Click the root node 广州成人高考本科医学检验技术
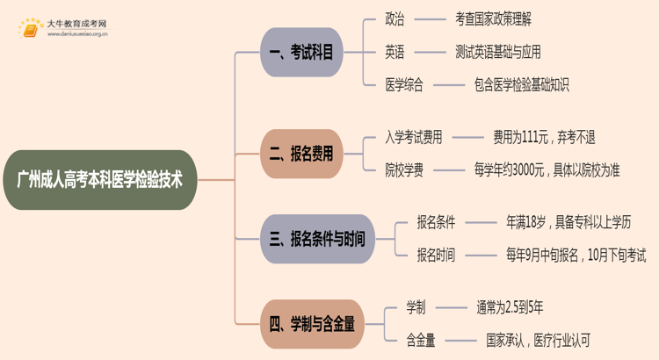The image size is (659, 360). click(x=100, y=180)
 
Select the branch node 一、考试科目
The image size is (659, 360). click(x=301, y=52)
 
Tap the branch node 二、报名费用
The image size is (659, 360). click(x=301, y=154)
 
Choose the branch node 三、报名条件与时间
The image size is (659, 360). click(x=317, y=239)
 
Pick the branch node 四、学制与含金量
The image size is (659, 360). click(x=312, y=324)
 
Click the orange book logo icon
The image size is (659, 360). click(x=30, y=29)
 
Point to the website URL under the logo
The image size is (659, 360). click(x=77, y=34)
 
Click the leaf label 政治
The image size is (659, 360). click(x=395, y=19)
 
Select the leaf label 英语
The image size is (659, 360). click(x=395, y=52)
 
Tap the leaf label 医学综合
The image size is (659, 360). click(x=404, y=85)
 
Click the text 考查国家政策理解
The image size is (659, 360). click(x=493, y=19)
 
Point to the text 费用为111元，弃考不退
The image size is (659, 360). click(x=544, y=137)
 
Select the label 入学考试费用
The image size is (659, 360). click(x=414, y=137)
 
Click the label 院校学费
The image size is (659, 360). click(x=404, y=170)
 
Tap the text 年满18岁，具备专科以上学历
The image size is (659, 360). click(x=568, y=222)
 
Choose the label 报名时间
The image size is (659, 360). click(x=436, y=255)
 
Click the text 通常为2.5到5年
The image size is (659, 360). click(x=510, y=307)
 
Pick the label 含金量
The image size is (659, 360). click(x=420, y=341)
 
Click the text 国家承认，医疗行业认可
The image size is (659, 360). click(x=538, y=341)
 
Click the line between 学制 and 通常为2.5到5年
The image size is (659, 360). click(x=451, y=308)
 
